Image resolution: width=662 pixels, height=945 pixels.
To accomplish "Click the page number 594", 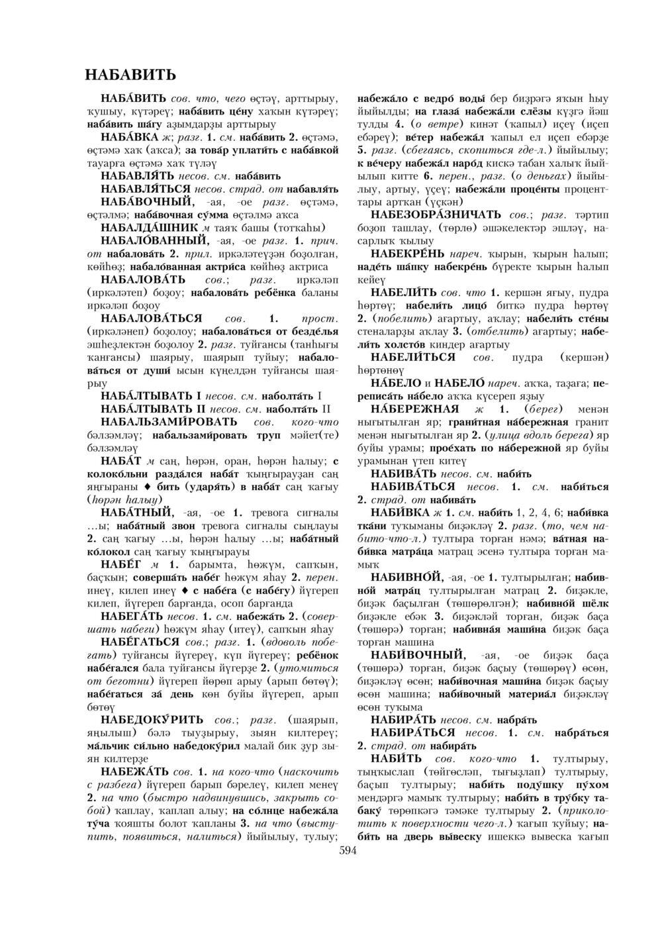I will [x=348, y=851].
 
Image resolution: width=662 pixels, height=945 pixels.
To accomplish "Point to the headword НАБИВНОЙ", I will [x=406, y=577].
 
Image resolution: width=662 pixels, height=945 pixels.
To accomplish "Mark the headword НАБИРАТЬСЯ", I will [x=412, y=732].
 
